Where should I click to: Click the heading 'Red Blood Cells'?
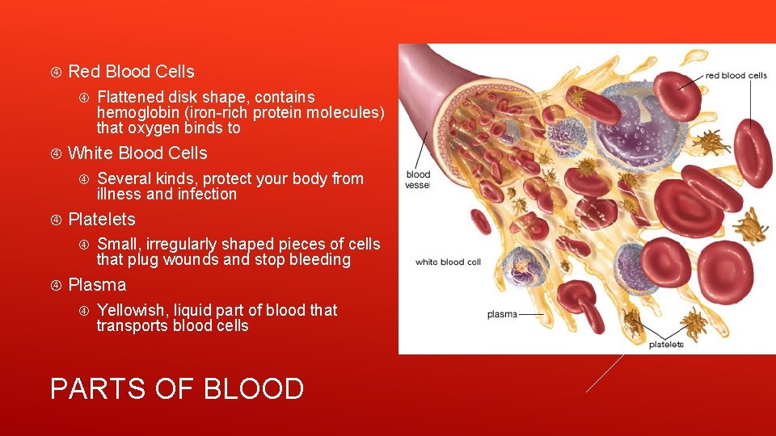[x=131, y=72]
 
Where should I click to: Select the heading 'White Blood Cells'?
[x=137, y=153]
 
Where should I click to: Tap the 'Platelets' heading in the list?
[x=102, y=220]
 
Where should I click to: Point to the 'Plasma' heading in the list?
[x=97, y=285]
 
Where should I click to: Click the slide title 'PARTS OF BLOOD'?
[x=176, y=389]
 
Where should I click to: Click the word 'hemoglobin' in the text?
[x=135, y=112]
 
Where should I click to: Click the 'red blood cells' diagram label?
[x=736, y=76]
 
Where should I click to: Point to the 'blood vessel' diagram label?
[x=418, y=179]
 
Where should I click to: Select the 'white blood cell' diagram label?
[x=448, y=262]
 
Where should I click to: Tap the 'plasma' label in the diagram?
[x=502, y=314]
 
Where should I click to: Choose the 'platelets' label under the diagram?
[x=666, y=345]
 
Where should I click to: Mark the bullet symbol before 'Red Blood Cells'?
[x=54, y=72]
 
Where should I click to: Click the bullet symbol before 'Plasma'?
[x=54, y=285]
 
